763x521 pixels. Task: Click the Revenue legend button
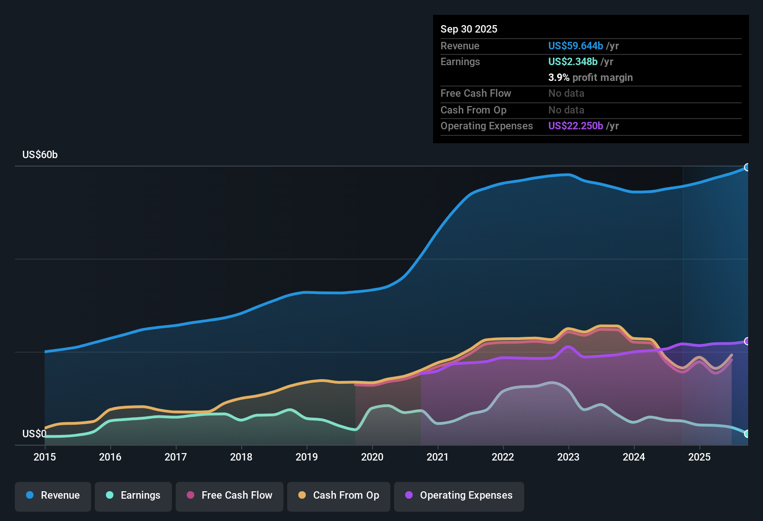click(53, 495)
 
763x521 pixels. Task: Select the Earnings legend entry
click(133, 495)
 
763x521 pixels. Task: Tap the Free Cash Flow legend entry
click(230, 495)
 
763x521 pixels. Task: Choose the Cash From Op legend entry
click(339, 495)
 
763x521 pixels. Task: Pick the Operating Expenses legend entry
click(459, 495)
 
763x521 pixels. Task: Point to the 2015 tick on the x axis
click(45, 457)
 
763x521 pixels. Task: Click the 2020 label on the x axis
click(372, 457)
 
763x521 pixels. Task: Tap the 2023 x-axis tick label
click(568, 457)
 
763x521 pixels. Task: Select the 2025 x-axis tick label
click(699, 457)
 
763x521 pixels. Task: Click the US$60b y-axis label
click(40, 155)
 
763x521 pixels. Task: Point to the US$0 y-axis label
click(34, 434)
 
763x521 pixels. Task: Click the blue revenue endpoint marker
click(747, 167)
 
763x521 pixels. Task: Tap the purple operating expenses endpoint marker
click(747, 341)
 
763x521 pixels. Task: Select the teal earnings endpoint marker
click(747, 434)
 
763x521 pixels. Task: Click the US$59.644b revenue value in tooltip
click(575, 46)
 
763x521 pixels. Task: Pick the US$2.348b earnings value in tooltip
click(572, 62)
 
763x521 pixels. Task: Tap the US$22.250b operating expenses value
click(575, 126)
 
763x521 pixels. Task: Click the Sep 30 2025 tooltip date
click(469, 29)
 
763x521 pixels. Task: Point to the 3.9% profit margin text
click(590, 78)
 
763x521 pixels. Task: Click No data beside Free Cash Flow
click(566, 94)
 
